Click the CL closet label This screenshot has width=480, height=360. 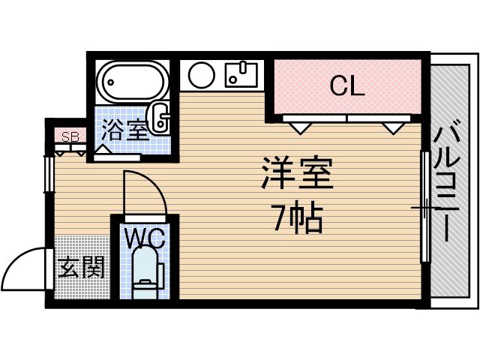click(x=346, y=87)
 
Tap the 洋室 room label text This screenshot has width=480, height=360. click(x=297, y=175)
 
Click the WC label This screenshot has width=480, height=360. click(x=144, y=238)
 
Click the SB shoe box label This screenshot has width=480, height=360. click(x=70, y=136)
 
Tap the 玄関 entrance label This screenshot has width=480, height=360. click(x=81, y=268)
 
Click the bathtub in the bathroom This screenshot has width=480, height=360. click(x=132, y=85)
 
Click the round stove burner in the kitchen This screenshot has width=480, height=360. click(x=201, y=76)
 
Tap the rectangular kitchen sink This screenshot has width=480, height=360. click(x=240, y=75)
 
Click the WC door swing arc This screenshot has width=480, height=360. click(x=146, y=190)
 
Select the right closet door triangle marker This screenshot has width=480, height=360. click(x=394, y=127)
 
